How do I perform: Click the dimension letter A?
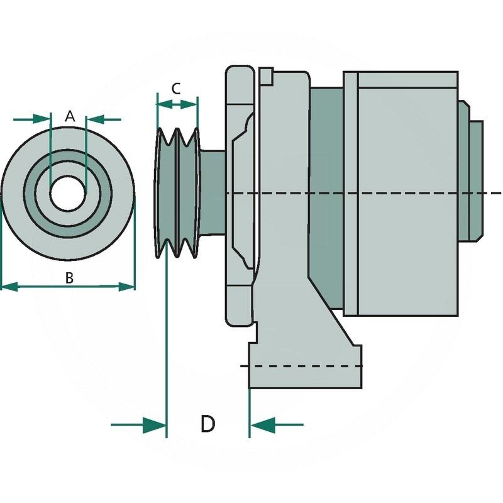(70, 116)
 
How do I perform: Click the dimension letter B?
(70, 277)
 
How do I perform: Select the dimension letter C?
(177, 88)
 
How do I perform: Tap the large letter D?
(207, 424)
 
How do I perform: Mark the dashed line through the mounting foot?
(302, 365)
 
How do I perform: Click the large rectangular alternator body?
(402, 195)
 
